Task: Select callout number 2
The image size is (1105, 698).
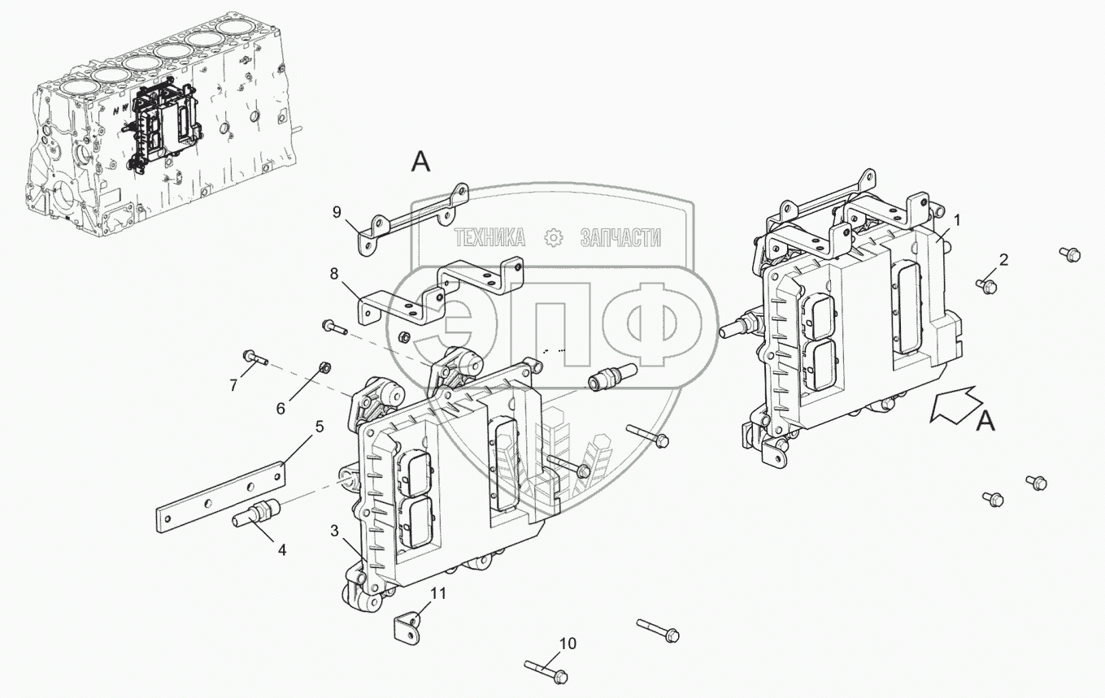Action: pyautogui.click(x=1003, y=260)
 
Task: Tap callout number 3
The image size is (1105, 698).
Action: pyautogui.click(x=335, y=531)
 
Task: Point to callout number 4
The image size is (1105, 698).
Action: pyautogui.click(x=282, y=550)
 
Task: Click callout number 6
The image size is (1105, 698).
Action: pyautogui.click(x=281, y=408)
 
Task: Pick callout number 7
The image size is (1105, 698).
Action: pyautogui.click(x=233, y=385)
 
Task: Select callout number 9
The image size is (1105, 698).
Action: pyautogui.click(x=337, y=213)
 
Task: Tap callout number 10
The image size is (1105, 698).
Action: pyautogui.click(x=568, y=644)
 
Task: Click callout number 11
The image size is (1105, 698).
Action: pyautogui.click(x=438, y=594)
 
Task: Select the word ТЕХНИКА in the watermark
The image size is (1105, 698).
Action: pyautogui.click(x=489, y=237)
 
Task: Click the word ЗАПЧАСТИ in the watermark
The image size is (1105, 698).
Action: pyautogui.click(x=620, y=237)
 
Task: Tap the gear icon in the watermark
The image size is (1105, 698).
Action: pyautogui.click(x=553, y=237)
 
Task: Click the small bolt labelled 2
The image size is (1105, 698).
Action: pyautogui.click(x=987, y=285)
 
